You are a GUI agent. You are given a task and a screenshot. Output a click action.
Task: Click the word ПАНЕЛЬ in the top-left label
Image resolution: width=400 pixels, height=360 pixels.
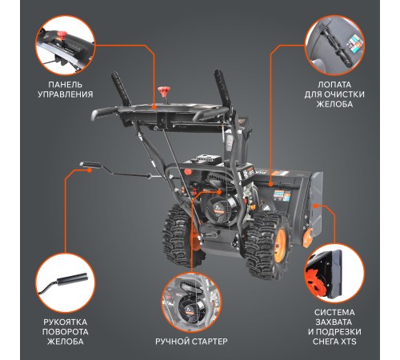click(66, 85)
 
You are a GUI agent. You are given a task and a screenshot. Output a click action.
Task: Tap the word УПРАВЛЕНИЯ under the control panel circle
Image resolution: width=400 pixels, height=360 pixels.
click(66, 94)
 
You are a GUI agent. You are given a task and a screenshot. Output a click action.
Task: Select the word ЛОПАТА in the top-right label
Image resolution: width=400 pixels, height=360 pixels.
click(334, 85)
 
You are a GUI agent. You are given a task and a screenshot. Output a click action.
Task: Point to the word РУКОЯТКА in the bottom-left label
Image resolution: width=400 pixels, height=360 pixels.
click(65, 322)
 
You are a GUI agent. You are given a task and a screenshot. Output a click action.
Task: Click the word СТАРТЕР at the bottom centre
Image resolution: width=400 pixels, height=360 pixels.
click(209, 342)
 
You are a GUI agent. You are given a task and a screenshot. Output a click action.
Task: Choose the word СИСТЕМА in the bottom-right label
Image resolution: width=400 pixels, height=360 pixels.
click(334, 313)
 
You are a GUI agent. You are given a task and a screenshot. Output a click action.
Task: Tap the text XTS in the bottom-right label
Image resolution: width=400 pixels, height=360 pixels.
click(349, 342)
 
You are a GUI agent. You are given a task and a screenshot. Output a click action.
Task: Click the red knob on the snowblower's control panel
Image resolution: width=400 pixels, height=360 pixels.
click(162, 92)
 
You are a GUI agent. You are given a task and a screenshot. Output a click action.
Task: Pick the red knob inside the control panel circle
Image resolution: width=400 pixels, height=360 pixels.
click(62, 35)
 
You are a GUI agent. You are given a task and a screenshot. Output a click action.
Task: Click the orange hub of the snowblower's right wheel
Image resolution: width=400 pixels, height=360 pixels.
click(280, 242)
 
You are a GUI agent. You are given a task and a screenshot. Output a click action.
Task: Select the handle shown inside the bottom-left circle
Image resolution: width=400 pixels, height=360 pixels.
click(73, 279)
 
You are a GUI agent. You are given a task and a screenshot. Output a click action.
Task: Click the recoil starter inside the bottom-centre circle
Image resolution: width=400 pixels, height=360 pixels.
click(190, 306)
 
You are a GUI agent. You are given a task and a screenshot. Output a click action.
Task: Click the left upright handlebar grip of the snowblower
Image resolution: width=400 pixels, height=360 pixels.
click(121, 89)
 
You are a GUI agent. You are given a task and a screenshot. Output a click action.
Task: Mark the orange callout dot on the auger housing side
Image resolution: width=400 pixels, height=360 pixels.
click(314, 206)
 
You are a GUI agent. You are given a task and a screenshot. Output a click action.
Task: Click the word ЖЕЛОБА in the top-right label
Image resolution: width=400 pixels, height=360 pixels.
click(334, 104)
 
